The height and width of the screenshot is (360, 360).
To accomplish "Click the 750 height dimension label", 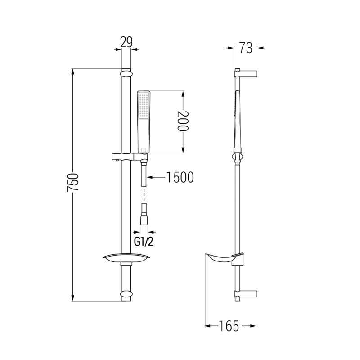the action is (x=73, y=183).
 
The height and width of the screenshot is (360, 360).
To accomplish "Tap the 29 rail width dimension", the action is (x=126, y=42).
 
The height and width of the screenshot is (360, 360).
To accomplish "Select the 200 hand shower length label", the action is (x=183, y=121).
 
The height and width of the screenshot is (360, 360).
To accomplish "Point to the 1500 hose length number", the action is (x=180, y=177).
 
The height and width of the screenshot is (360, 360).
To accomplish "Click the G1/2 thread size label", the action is (x=144, y=242).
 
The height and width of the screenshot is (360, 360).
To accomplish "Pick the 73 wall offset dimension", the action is (x=246, y=48).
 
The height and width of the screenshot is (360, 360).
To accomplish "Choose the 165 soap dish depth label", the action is (x=229, y=326).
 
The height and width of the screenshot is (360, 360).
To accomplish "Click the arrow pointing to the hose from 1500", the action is (x=156, y=177).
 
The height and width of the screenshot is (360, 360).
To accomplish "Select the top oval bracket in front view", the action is (x=126, y=74).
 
